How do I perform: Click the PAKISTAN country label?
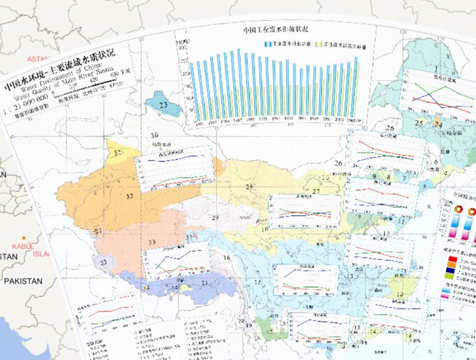22,281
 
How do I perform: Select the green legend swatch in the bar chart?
319,45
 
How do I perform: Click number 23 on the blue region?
163,105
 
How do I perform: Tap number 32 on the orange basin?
129,196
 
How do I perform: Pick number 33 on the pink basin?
152,242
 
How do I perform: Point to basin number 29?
215,217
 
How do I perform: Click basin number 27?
316,191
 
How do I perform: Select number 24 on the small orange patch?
439,124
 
